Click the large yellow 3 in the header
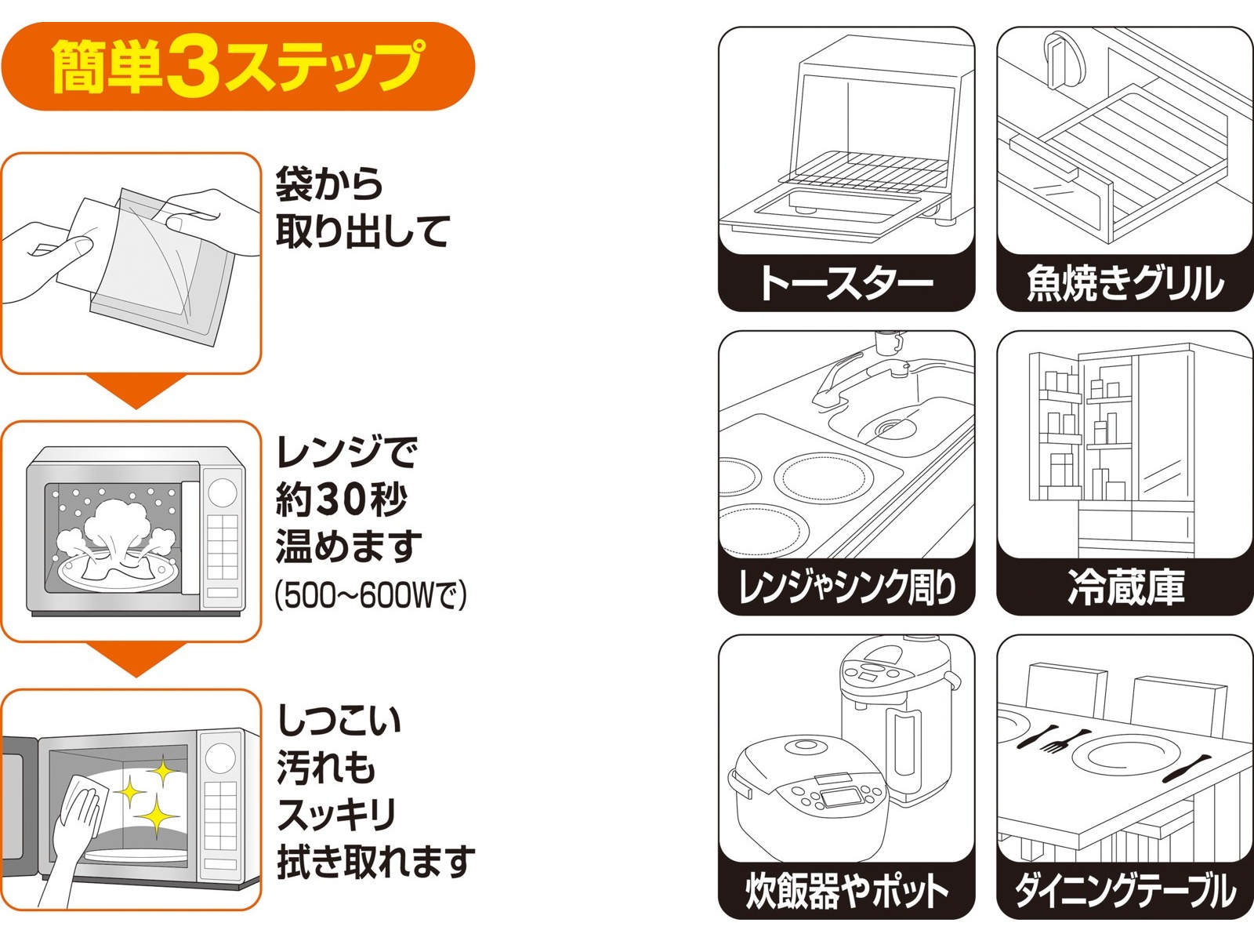pos(193,68)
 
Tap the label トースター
pos(846,283)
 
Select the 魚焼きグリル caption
pos(1125,283)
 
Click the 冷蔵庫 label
pos(1125,587)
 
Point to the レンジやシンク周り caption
pos(846,587)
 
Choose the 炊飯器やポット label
pos(846,890)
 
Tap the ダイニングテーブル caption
pos(1125,890)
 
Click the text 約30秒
pos(342,500)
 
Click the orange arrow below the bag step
pos(136,391)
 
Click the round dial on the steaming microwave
pos(223,492)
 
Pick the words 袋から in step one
pos(329,185)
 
